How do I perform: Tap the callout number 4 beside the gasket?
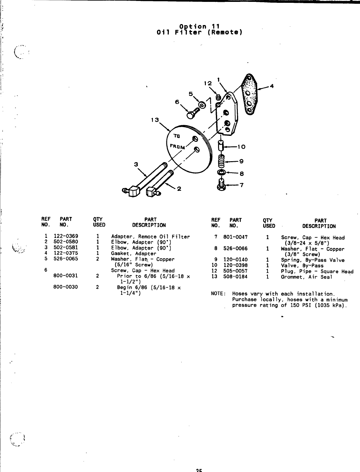click(272, 86)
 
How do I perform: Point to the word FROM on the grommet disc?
click(178, 146)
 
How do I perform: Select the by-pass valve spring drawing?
click(222, 162)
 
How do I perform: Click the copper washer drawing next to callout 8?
click(221, 172)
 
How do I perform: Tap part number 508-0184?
click(235, 277)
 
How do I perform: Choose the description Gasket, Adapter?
click(133, 254)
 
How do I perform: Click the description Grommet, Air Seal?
click(306, 277)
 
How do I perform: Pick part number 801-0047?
click(235, 238)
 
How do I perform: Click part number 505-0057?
click(235, 271)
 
